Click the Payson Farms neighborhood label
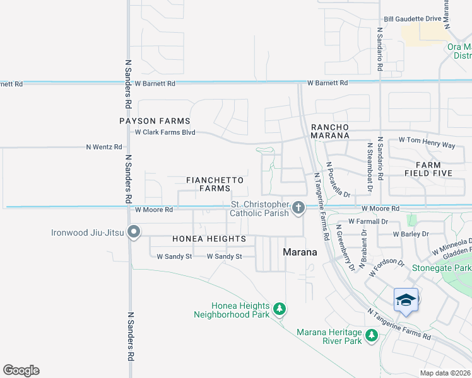pos(155,120)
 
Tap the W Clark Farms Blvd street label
pos(165,132)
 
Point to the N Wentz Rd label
pos(104,147)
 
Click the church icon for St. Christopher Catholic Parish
pos(298,207)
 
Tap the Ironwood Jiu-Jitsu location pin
pos(133,233)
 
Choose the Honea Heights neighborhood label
pos(209,239)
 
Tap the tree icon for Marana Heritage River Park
pos(372,336)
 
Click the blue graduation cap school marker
pos(406,299)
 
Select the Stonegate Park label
pos(442,268)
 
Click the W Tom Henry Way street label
pos(427,145)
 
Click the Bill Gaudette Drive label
pos(412,18)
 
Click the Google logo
pos(21,370)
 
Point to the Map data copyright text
pos(445,373)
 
